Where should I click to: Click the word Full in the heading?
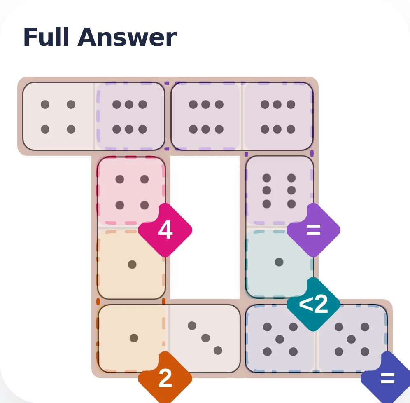click(46, 37)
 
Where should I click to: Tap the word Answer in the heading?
click(127, 37)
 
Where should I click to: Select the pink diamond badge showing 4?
click(165, 230)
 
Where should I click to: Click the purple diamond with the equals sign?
click(313, 230)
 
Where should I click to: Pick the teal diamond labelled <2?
click(313, 304)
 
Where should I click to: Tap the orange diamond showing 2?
click(165, 378)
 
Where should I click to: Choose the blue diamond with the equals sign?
click(387, 378)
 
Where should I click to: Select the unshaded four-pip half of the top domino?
click(58, 117)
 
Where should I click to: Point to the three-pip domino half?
click(205, 339)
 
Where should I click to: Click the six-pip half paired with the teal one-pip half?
click(279, 191)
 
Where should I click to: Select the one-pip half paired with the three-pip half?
click(133, 339)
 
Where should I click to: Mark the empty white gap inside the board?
click(205, 227)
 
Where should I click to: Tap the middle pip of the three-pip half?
click(205, 338)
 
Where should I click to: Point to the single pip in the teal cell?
click(279, 262)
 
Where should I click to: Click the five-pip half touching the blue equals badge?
click(352, 339)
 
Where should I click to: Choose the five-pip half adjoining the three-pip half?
click(280, 339)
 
